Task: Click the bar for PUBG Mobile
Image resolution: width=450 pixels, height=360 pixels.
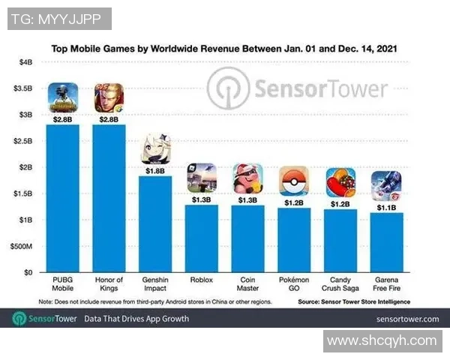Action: (63, 198)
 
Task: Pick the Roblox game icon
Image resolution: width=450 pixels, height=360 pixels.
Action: (202, 178)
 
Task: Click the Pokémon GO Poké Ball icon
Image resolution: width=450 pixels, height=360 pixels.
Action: (293, 181)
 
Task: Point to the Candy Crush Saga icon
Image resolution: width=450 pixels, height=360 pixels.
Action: (340, 182)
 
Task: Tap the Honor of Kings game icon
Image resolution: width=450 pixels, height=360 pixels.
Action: (109, 97)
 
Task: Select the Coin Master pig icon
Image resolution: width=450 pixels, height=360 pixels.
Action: (247, 178)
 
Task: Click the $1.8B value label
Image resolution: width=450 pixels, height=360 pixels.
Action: (155, 171)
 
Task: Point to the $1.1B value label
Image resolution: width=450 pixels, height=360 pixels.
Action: (385, 208)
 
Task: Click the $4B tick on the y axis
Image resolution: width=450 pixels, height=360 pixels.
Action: (25, 61)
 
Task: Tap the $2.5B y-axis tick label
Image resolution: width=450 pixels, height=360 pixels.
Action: (23, 140)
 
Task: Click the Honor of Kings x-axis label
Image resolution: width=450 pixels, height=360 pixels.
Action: (109, 284)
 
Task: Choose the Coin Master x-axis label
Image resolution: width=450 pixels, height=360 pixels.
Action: (247, 284)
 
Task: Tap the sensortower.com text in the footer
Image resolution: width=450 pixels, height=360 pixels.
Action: (406, 319)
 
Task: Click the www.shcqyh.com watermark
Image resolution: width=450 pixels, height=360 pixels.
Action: (382, 341)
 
